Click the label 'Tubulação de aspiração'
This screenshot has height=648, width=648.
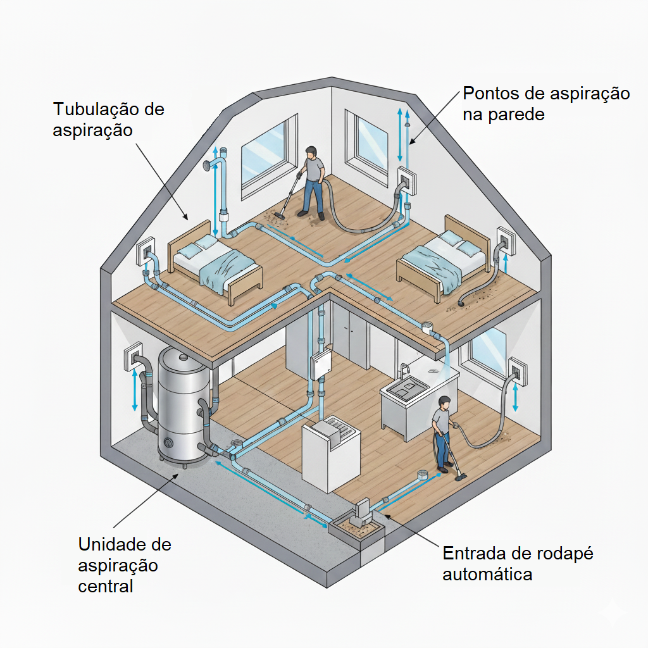coord(108,119)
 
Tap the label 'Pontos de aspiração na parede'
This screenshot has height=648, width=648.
coord(546,104)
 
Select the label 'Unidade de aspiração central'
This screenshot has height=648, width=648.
coord(124,564)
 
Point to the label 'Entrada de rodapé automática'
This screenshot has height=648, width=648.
coord(518,563)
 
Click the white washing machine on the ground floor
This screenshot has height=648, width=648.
coord(330,452)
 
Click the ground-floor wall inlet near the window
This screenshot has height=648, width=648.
coord(516,372)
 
